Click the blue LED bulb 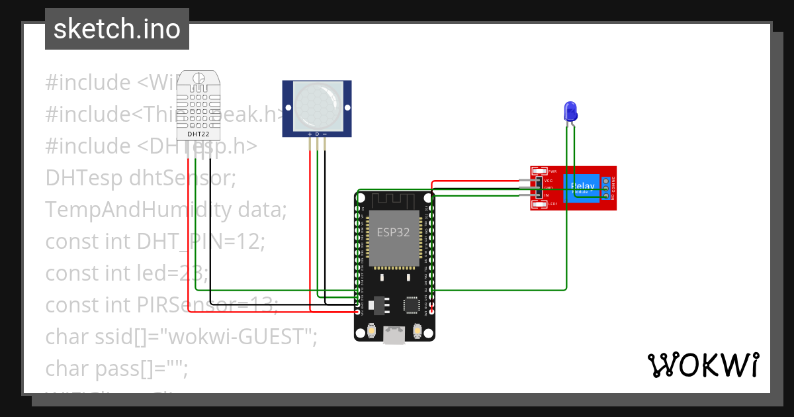570,111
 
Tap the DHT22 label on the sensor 198,134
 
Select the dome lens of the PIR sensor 317,106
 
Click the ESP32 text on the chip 393,232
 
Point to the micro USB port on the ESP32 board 395,336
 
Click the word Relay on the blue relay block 582,186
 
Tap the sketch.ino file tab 117,29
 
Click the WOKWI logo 703,365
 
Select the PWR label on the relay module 552,171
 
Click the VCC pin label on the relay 549,180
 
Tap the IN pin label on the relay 547,195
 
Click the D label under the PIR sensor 317,134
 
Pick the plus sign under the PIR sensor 309,134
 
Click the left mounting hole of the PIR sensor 289,107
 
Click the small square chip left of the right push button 412,304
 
